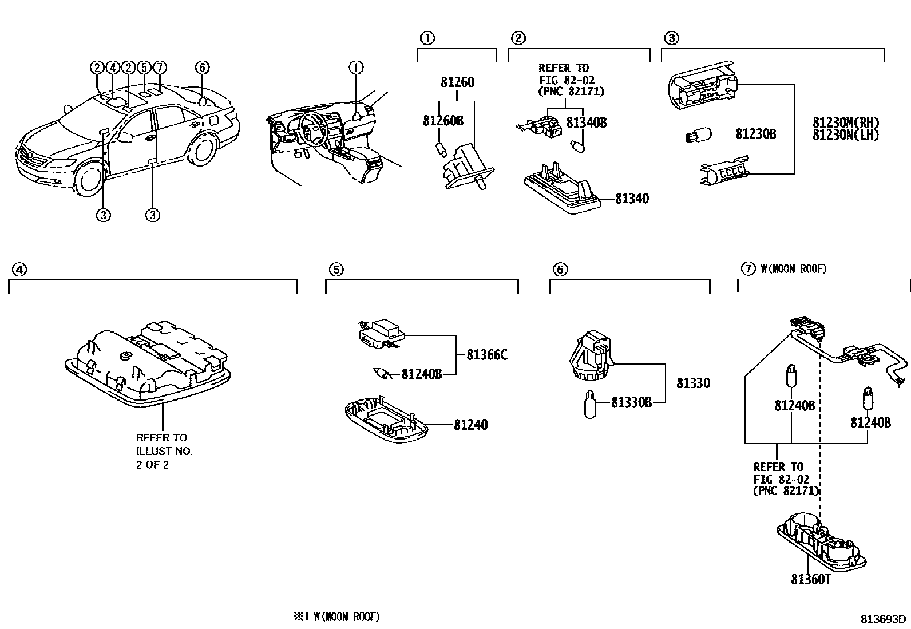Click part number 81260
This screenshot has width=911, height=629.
pos(457,82)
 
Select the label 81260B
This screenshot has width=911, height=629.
pos(443,121)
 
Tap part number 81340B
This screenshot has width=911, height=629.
pos(586,122)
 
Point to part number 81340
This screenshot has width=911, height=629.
pos(632,199)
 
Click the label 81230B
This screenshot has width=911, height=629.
pos(755,134)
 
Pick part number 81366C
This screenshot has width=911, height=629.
pos(486,355)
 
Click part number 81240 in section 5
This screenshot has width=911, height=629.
pos(471,425)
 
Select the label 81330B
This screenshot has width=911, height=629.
pos(631,402)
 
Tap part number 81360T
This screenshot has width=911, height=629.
pos(810,579)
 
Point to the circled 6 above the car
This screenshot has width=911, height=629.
pos(202,68)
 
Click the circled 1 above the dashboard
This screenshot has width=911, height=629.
pos(356,68)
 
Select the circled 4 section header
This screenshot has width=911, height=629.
pos(19,269)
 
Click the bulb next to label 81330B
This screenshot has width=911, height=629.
pos(591,404)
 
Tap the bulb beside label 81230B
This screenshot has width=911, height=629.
pos(698,136)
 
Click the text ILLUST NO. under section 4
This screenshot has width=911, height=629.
pos(164,451)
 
